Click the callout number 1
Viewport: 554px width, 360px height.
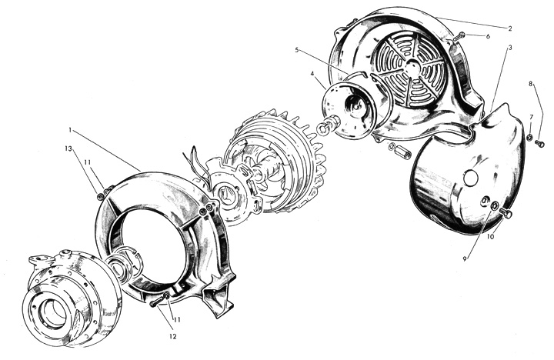(70, 130)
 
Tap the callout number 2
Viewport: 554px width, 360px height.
(510, 28)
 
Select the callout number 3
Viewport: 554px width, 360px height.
(510, 47)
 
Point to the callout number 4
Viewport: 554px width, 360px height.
(312, 74)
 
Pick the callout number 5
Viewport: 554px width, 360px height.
(297, 50)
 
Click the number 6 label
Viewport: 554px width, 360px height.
(488, 36)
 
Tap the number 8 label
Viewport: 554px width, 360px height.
(530, 84)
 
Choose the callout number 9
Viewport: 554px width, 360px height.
(465, 259)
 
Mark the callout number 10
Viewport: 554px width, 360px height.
(490, 237)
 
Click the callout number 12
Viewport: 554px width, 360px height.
(172, 336)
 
